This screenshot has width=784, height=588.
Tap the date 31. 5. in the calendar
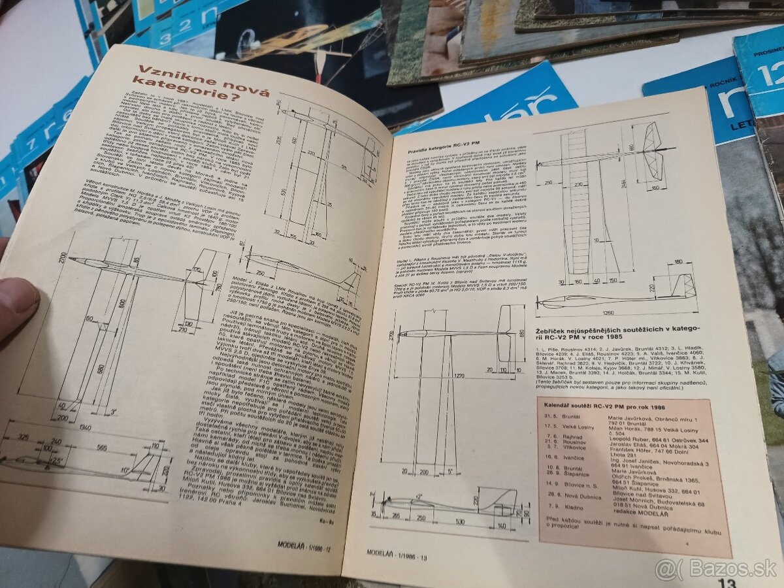coord(553,419)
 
